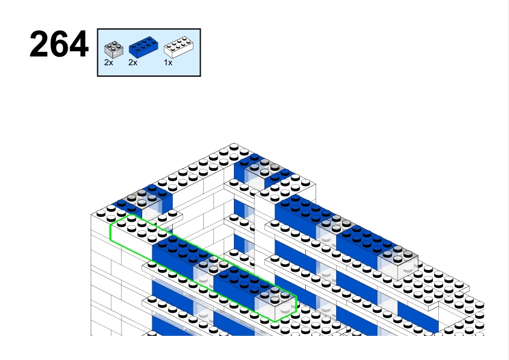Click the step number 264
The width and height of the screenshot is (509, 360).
point(59,44)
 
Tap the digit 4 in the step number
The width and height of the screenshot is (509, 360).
point(79,44)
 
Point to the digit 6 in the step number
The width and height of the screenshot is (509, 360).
point(59,44)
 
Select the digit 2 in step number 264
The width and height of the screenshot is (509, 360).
point(39,44)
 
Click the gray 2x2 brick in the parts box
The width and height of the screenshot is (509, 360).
point(114,50)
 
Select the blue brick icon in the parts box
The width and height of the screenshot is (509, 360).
point(143,47)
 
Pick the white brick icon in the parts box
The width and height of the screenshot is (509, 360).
point(178,47)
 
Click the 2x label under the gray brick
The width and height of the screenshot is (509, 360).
point(108,63)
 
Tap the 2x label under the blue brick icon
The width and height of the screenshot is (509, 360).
point(133,63)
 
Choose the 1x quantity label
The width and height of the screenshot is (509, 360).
point(168,63)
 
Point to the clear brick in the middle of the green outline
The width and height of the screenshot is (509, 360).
point(208,271)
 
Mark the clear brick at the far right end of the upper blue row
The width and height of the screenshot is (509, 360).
point(398,263)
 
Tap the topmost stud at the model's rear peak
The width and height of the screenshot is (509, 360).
point(234,147)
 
